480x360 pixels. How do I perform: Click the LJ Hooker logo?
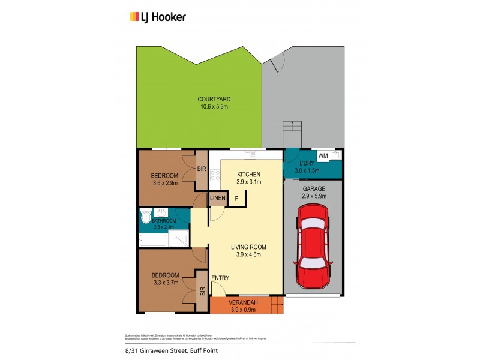[x=158, y=17]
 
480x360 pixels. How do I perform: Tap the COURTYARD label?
[x=214, y=99]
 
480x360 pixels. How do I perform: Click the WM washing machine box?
[x=323, y=156]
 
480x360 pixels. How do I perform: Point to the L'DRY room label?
[x=304, y=163]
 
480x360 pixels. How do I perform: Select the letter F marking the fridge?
[x=236, y=199]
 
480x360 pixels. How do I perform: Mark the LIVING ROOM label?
[x=248, y=247]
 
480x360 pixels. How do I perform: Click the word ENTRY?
[x=220, y=278]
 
